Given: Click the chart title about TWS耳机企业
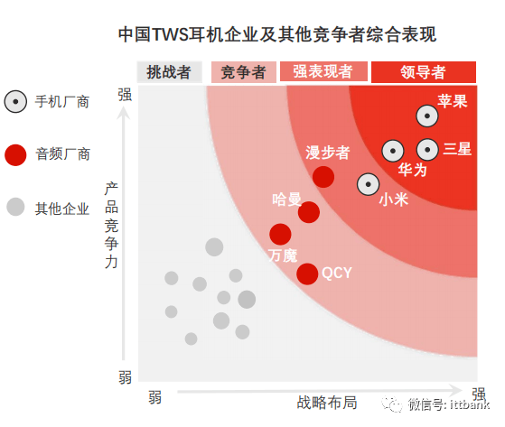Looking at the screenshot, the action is click(x=277, y=34).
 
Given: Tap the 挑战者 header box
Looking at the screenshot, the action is click(x=170, y=72).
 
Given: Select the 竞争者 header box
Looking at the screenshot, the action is click(x=244, y=72).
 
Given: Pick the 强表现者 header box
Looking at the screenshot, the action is click(x=323, y=71).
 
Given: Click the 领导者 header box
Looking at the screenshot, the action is click(x=424, y=72).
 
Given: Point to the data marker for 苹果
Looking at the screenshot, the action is click(x=427, y=116).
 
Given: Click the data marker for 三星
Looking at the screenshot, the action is click(x=427, y=150).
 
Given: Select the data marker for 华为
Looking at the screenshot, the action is click(x=393, y=151).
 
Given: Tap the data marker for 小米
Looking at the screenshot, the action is click(x=368, y=184).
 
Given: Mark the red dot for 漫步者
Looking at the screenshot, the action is click(x=323, y=177).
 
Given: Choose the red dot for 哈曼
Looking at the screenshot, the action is click(x=309, y=212).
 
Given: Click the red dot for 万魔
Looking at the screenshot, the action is click(x=281, y=234).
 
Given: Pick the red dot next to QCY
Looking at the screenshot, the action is click(x=307, y=274).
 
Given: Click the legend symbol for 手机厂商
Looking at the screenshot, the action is click(x=15, y=102).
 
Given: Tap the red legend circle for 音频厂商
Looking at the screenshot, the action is click(x=15, y=155).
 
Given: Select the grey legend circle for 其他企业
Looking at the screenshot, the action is click(x=15, y=207).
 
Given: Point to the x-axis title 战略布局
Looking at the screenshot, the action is click(x=327, y=403).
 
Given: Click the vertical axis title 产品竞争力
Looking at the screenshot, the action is click(x=111, y=225).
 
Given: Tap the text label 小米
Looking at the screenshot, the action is click(x=394, y=200).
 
